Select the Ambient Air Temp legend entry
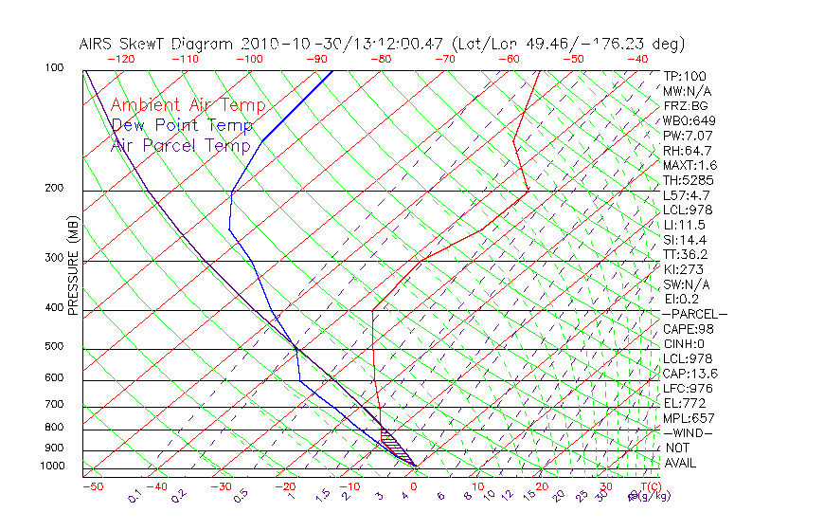pos(188,105)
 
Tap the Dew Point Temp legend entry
pos(182,125)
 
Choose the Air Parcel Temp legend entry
pos(180,145)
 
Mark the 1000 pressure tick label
pos(53,467)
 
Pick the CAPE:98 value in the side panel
pos(688,328)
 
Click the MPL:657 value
pos(688,418)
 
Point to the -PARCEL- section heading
pos(694,314)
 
